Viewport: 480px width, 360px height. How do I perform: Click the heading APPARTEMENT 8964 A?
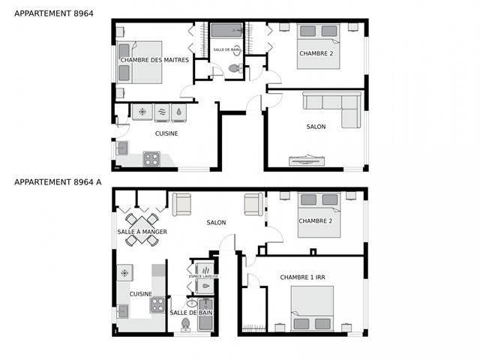pos(58,182)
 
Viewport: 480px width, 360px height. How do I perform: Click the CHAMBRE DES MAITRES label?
pos(154,60)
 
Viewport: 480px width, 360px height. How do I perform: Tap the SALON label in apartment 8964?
pos(316,127)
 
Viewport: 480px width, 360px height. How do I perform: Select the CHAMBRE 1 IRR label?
pos(302,277)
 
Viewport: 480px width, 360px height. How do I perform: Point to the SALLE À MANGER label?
pos(142,232)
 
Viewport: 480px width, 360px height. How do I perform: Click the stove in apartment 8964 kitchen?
pos(151,159)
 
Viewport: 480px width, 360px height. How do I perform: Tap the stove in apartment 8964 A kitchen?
pos(157,305)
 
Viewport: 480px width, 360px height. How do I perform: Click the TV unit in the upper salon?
pos(307,160)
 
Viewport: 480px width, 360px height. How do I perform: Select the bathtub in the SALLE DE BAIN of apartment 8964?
pos(226,30)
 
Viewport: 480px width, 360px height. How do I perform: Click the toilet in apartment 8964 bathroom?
pos(235,68)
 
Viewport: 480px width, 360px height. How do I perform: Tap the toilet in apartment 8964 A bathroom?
pos(185,325)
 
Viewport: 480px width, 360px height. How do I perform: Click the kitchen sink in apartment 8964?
pos(122,148)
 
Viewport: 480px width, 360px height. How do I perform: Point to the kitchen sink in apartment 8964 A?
pos(123,312)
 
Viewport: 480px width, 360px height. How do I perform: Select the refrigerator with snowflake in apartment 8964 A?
pos(125,273)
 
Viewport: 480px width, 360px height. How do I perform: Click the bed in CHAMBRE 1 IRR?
pos(312,308)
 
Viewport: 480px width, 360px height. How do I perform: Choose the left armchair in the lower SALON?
pos(181,205)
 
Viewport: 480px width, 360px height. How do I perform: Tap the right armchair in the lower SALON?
pos(253,204)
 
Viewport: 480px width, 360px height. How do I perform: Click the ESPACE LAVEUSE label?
pos(203,277)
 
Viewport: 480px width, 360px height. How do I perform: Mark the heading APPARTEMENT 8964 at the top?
pos(54,13)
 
